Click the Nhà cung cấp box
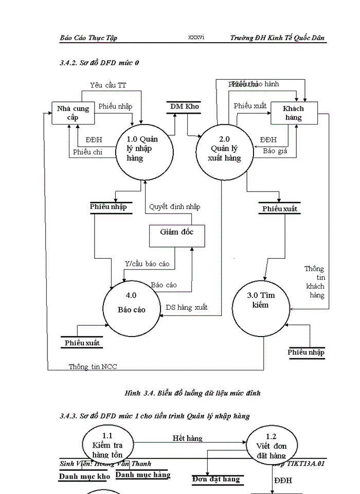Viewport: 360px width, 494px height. (73, 113)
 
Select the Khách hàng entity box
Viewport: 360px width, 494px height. (294, 113)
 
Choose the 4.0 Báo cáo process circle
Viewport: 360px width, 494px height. (131, 305)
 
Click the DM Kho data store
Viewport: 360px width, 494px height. (185, 107)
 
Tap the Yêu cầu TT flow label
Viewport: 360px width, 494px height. (107, 85)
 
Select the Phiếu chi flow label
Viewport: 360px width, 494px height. (87, 152)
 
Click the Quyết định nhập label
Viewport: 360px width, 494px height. (174, 207)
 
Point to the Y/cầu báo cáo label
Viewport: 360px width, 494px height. (147, 264)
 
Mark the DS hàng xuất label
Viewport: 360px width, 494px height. (187, 308)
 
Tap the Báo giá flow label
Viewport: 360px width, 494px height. (273, 151)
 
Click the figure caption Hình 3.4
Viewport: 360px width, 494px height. (192, 393)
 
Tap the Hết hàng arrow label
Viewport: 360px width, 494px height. (187, 438)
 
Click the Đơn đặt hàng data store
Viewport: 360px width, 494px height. (216, 480)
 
